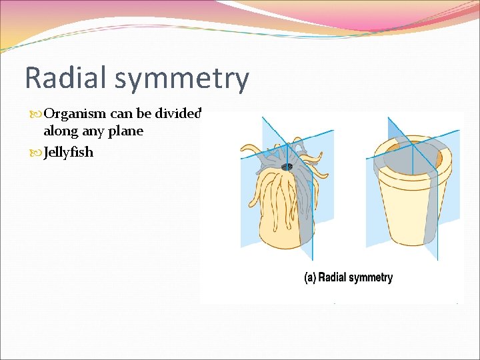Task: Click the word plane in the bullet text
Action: click(127, 132)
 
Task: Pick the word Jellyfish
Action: click(68, 153)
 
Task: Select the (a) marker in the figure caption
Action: click(310, 278)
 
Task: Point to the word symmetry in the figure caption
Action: click(373, 278)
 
